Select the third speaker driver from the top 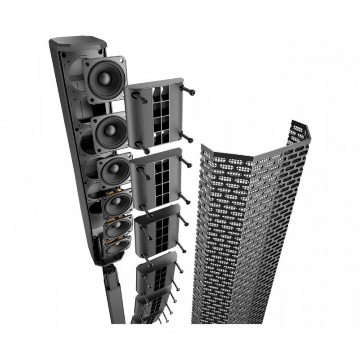(113, 170)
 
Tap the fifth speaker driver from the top (118, 227)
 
